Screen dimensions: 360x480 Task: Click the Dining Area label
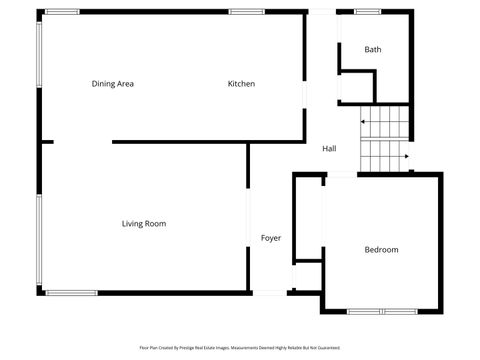coord(112,84)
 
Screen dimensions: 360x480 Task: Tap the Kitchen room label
coord(241,84)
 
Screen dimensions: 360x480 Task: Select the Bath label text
coord(372,49)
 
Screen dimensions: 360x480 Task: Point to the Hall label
coord(329,149)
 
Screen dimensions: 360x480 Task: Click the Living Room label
coord(144,224)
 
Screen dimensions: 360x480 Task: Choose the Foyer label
coord(270,238)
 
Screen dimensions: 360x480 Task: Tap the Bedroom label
coord(381,250)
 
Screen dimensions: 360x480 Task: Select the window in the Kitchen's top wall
coord(245,11)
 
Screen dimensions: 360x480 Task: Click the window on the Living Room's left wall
coord(40,240)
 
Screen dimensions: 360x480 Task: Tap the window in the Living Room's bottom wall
coord(71,293)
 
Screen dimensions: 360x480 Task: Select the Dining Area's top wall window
coord(62,11)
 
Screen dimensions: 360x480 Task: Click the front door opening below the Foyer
coord(270,293)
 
